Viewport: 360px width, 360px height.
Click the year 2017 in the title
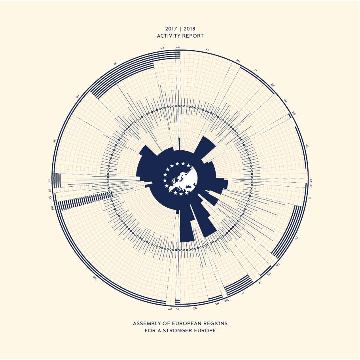coord(171,29)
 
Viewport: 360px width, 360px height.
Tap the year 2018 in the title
coord(189,29)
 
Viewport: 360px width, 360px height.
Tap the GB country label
coord(178,47)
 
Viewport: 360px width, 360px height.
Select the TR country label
coord(115,64)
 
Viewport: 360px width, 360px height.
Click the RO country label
coord(95,277)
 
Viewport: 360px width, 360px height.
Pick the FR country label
coord(296,238)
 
